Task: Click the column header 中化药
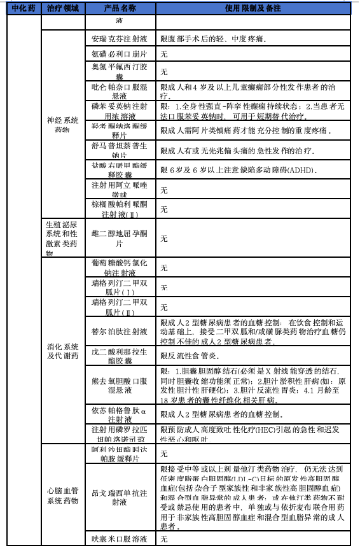24,8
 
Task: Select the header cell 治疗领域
63,8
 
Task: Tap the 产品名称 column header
120,8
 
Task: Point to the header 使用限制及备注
253,8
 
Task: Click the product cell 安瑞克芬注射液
120,38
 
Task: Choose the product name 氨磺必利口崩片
120,54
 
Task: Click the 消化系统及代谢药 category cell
63,351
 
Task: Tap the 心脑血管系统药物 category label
63,495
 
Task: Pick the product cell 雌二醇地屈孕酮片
120,239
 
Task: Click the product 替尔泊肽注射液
120,332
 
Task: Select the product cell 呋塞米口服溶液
120,538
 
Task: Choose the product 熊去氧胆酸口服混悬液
120,384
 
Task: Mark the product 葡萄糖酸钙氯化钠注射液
120,267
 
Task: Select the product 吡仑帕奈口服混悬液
120,90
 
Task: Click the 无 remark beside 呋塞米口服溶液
163,538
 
